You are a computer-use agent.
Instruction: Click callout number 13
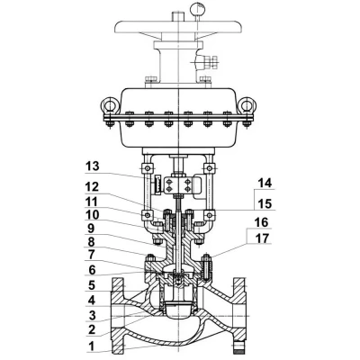pyautogui.click(x=93, y=166)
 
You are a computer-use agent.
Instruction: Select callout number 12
pyautogui.click(x=92, y=187)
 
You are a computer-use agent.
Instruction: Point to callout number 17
pyautogui.click(x=263, y=238)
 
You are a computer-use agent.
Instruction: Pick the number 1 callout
pyautogui.click(x=91, y=346)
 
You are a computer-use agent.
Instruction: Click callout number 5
pyautogui.click(x=91, y=285)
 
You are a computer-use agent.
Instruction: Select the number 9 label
pyautogui.click(x=91, y=229)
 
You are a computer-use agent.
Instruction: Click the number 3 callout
pyautogui.click(x=92, y=316)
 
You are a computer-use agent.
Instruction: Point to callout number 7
pyautogui.click(x=91, y=255)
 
